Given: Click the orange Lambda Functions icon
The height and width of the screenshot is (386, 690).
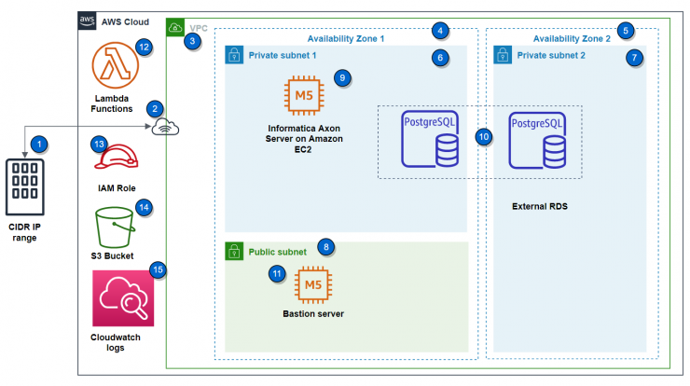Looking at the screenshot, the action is click(x=116, y=65).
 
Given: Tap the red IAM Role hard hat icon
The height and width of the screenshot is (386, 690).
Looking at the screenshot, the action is click(x=117, y=157).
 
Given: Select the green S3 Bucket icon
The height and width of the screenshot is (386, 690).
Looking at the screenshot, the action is click(x=115, y=227).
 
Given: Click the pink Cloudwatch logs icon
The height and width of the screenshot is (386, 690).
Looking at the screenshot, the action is click(x=123, y=298).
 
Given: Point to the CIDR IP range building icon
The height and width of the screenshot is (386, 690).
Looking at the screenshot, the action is click(x=24, y=187).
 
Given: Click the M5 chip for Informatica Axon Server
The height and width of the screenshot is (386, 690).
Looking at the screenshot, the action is click(x=304, y=95).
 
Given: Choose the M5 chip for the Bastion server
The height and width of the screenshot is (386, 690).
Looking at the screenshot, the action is click(x=313, y=285).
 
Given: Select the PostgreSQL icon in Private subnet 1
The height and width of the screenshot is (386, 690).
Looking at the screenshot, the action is click(x=430, y=139).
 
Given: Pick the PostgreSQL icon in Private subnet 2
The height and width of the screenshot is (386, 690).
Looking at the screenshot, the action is click(x=537, y=141).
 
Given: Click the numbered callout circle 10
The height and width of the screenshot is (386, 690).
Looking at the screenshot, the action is click(x=484, y=137).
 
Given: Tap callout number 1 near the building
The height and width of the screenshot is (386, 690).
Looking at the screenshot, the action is click(x=39, y=144).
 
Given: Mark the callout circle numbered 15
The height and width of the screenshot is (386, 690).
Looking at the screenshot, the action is click(x=158, y=269).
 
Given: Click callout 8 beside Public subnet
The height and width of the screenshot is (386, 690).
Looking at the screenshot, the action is click(x=326, y=247).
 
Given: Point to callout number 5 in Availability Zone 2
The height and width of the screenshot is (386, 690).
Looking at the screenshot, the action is click(x=626, y=31).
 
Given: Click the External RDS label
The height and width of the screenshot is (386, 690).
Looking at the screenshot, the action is click(x=540, y=206).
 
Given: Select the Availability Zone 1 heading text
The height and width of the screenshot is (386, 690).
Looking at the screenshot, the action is click(x=345, y=39).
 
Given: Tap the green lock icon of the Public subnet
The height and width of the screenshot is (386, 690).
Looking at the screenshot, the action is click(x=234, y=252).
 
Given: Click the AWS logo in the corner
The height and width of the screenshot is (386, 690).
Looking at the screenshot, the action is click(x=87, y=21).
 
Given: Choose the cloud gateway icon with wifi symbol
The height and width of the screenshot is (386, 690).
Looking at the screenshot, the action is click(x=165, y=127).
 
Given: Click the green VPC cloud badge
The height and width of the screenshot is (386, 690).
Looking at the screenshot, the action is click(x=175, y=28).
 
